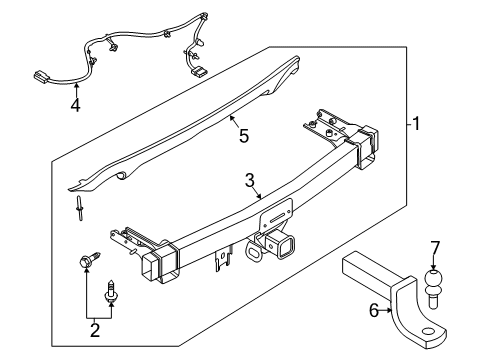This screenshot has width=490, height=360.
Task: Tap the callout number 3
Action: pos(250,180)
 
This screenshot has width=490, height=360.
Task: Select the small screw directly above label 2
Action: pos(111,293)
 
